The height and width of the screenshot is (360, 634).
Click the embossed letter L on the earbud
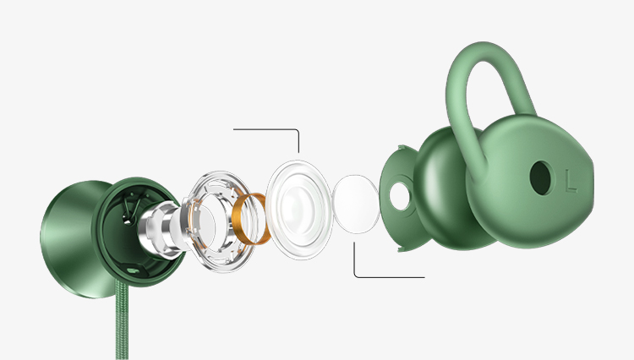click(x=571, y=181)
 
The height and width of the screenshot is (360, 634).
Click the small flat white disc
click(x=356, y=204)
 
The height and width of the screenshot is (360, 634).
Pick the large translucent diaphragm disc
click(x=299, y=210)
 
